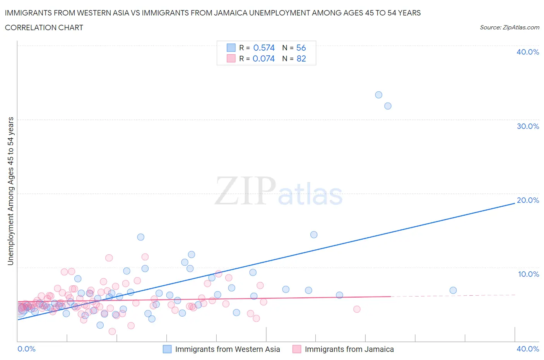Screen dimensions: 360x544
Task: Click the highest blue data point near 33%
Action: click(379, 95)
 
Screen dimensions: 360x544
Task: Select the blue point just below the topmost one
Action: click(388, 106)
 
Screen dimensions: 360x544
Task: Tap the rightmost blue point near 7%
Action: click(453, 290)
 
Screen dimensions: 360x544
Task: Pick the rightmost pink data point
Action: click(357, 309)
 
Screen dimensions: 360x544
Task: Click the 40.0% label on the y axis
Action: click(528, 52)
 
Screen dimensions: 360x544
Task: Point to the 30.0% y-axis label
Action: click(528, 126)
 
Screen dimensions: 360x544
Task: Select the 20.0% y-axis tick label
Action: click(528, 200)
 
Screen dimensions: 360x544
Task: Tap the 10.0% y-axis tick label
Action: click(529, 274)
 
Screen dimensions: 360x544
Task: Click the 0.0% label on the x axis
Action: click(27, 349)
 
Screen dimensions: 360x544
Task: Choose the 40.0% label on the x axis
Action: click(528, 349)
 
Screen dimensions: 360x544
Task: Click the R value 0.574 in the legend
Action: click(264, 48)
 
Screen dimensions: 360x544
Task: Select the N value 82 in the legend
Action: click(301, 58)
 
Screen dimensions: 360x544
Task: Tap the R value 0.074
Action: click(263, 58)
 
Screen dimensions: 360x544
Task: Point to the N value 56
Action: click(301, 48)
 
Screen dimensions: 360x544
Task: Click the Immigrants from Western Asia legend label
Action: click(228, 349)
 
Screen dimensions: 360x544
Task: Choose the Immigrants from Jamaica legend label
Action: click(349, 349)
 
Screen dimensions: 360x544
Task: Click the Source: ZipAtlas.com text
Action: click(509, 27)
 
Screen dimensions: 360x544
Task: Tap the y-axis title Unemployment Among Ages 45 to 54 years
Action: click(11, 191)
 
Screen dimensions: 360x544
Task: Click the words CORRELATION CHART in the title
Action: click(44, 27)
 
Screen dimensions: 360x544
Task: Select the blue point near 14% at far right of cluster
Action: click(314, 235)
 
